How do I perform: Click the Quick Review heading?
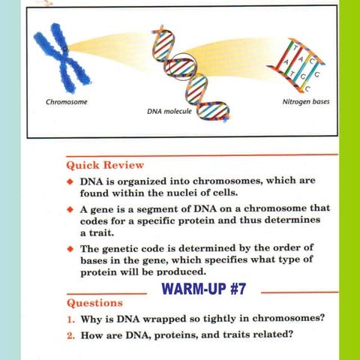[105, 164]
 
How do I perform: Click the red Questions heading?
[94, 304]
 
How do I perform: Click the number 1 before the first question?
[70, 318]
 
